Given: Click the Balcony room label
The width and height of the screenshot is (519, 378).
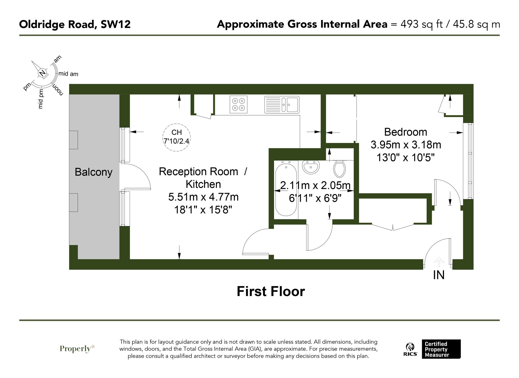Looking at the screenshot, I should point(93,172).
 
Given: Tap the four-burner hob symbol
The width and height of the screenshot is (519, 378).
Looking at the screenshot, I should point(238,105).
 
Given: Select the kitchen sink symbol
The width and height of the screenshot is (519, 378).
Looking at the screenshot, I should point(282,105).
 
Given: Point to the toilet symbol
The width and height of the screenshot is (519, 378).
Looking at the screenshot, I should point(339,168).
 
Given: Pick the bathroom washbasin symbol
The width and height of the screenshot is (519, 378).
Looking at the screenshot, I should point(311,167).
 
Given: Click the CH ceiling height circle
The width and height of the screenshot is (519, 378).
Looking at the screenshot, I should point(176,137).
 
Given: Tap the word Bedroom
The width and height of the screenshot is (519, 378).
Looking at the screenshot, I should point(405,132).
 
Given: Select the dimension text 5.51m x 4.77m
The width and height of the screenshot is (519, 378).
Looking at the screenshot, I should point(203,197).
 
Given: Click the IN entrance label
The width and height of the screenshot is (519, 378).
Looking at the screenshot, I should point(439,275).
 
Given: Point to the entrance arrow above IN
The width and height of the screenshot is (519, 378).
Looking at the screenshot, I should point(439,262).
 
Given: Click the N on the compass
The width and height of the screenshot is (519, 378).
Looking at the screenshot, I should point(42,73).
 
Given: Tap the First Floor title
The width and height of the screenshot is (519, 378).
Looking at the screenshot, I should point(271,291).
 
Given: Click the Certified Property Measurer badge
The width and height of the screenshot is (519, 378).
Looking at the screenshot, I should point(441,349).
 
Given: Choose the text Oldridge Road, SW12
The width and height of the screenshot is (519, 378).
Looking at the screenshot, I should point(75,24).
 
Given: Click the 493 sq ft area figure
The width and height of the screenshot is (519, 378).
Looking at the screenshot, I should point(421,24).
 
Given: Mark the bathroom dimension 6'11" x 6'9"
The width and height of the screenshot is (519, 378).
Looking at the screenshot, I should point(315,198).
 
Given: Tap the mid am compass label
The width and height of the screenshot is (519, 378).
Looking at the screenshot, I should point(68,74).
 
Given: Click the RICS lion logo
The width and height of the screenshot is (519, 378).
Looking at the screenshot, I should point(410,349).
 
